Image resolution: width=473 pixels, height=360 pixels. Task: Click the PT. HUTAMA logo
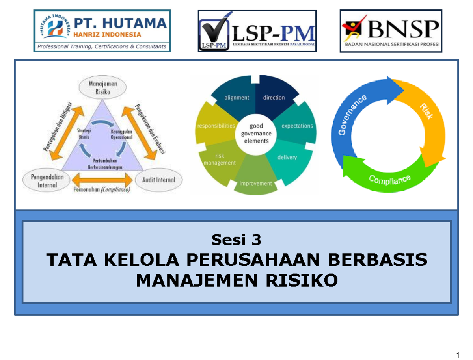point(102,31)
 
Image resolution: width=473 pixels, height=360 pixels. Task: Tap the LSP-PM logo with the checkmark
point(257,31)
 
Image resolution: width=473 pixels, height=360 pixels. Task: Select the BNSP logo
point(391,31)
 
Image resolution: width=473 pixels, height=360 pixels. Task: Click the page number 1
point(458,354)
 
